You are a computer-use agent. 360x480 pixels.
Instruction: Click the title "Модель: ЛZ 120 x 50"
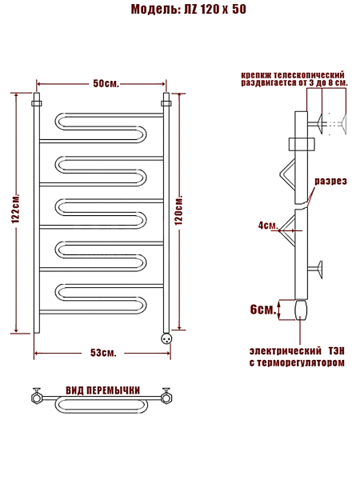coord(189,9)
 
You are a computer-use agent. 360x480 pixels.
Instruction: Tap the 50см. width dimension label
coord(106,83)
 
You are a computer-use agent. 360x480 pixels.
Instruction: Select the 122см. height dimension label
coord(16,209)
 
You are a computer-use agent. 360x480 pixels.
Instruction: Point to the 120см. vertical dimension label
coord(178,210)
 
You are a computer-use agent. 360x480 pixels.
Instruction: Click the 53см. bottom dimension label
coord(103,353)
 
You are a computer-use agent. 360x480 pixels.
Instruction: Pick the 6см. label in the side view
coord(263,310)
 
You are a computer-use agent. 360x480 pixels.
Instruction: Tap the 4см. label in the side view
coord(268,226)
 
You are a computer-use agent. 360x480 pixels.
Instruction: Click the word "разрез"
coord(331,182)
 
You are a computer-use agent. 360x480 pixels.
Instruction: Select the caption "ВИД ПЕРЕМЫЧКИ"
coord(103,390)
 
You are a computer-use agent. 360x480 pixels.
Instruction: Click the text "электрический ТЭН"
coord(297,351)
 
